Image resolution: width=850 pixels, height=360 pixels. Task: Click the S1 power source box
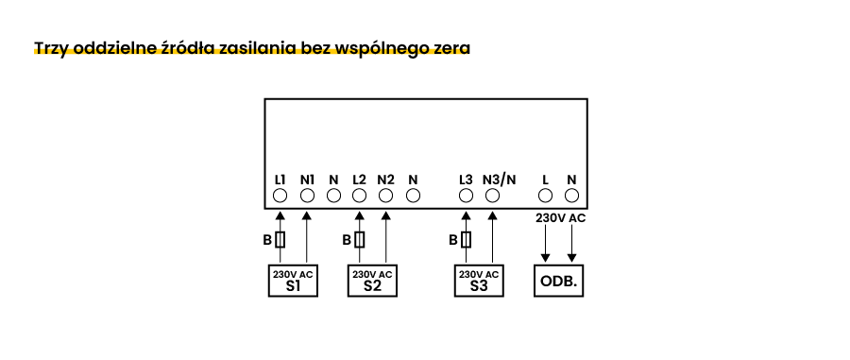tap(293, 281)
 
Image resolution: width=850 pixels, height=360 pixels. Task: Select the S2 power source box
tap(372, 281)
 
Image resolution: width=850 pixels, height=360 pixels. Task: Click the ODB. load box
tap(558, 282)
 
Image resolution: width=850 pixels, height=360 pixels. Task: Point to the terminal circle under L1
tap(280, 196)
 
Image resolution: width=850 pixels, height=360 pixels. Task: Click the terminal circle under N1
tap(307, 196)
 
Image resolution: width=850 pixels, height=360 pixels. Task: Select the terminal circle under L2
tap(359, 196)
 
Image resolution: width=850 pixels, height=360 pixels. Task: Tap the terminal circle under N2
tap(385, 196)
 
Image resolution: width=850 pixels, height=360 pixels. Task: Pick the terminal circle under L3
tap(465, 196)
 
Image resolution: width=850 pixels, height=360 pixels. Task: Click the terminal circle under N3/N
tap(491, 196)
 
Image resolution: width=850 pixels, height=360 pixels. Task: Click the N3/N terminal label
tap(499, 179)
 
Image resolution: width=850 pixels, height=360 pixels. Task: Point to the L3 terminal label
tap(465, 179)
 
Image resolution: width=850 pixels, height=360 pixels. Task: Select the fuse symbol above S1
tap(280, 240)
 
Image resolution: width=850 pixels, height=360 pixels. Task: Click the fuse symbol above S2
tap(360, 240)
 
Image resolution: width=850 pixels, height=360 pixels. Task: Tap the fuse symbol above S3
tap(466, 240)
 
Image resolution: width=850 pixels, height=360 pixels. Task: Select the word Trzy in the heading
tap(49, 47)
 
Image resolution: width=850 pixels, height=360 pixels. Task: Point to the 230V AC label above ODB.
tap(560, 218)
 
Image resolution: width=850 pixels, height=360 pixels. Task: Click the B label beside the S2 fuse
tap(347, 240)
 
